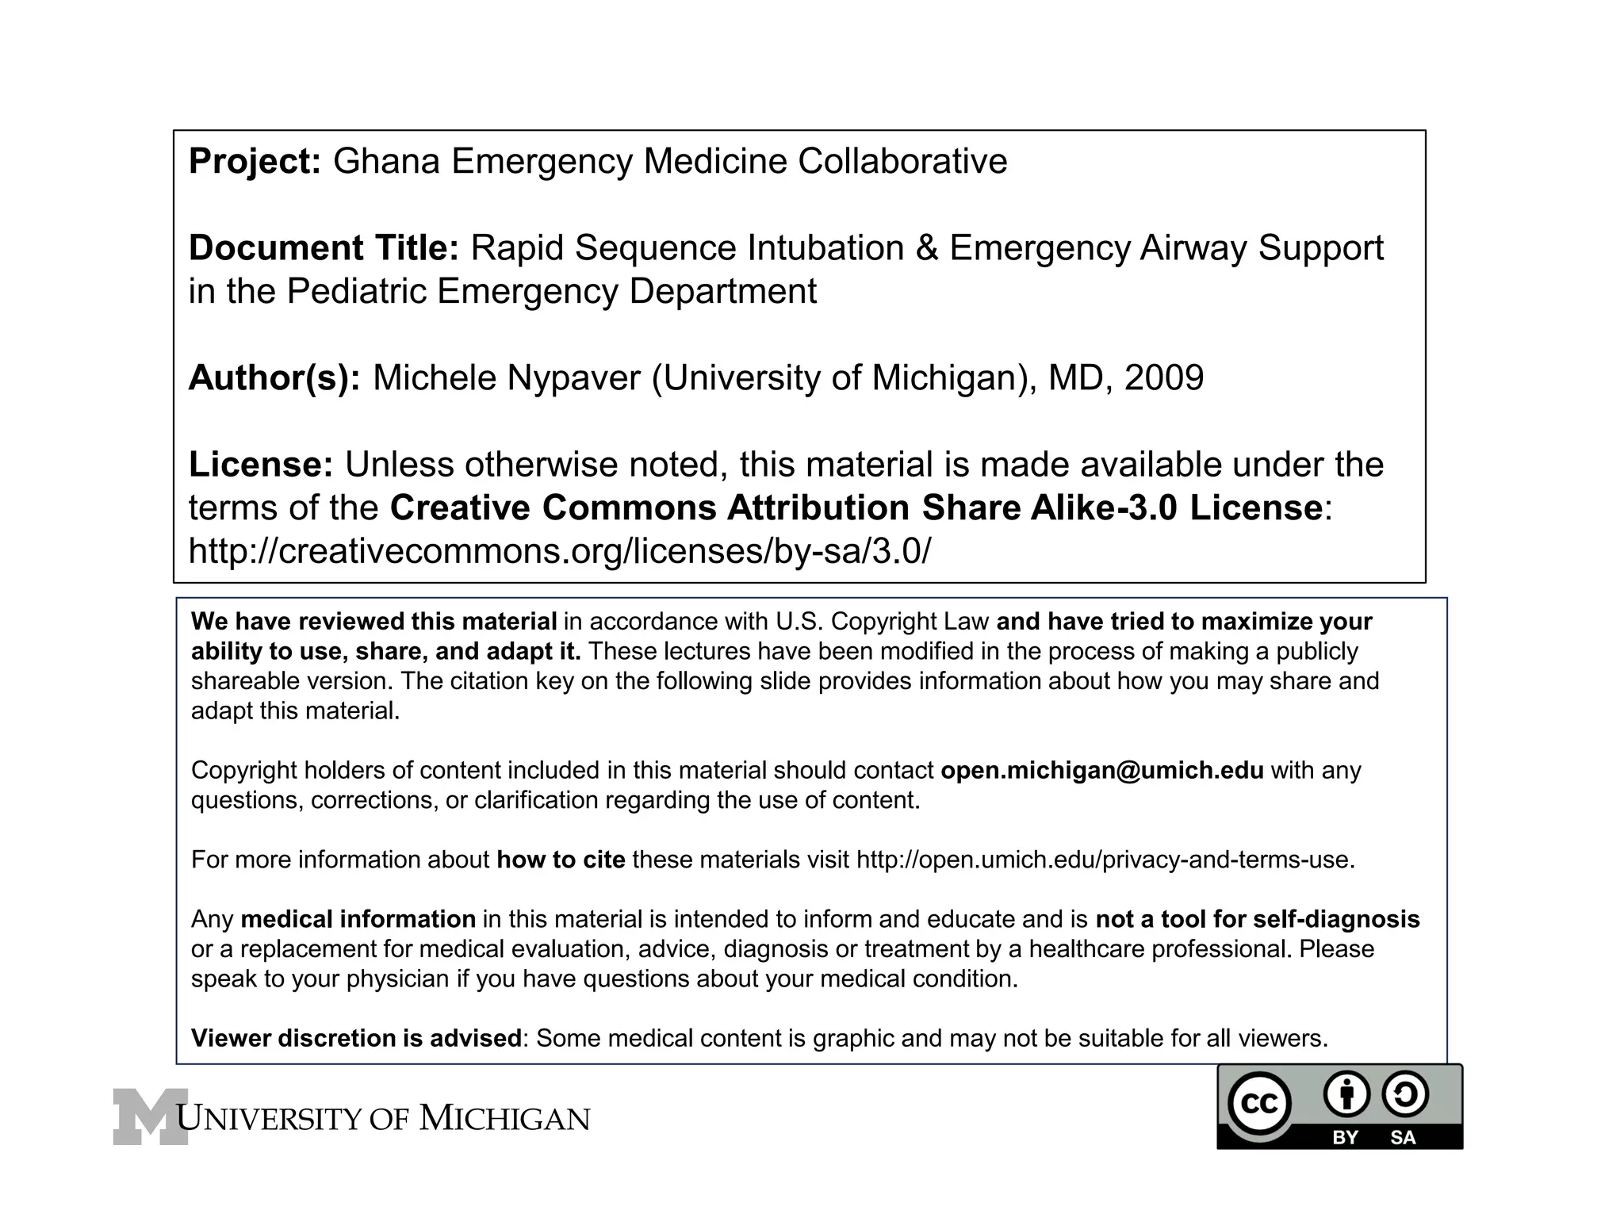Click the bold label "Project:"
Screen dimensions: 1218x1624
255,162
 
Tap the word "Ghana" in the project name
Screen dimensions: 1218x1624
386,162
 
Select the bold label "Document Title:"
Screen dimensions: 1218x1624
324,248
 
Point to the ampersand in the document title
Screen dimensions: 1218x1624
927,248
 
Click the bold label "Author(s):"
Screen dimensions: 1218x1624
274,377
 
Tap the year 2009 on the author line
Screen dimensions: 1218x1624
1163,377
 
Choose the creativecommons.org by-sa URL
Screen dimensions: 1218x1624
559,551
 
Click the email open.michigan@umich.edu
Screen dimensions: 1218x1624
1102,770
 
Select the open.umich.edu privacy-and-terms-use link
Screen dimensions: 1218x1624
1105,860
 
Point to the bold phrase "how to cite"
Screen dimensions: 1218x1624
561,860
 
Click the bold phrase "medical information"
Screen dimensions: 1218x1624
358,919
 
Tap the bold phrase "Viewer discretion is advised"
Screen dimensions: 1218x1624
356,1038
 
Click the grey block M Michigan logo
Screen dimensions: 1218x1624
150,1116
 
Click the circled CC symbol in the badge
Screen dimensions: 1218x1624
1258,1104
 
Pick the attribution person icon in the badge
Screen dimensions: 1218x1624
1346,1094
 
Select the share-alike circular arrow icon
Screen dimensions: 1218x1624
1404,1094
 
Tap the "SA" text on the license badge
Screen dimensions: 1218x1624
1403,1137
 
